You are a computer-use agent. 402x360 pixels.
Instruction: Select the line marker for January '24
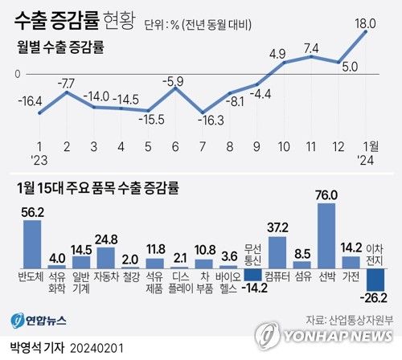tap(366, 32)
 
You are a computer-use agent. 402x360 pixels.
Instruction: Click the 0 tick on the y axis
tap(15, 74)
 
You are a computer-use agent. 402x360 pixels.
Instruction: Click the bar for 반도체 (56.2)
tap(32, 244)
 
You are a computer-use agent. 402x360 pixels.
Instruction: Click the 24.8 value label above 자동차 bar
tap(106, 239)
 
